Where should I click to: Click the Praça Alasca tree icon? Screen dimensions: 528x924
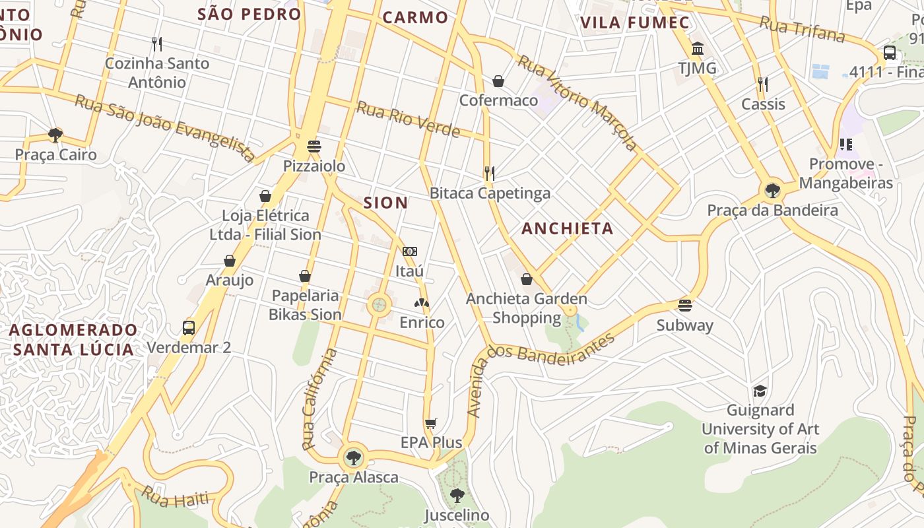(354, 457)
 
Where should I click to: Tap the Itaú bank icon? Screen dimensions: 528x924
(410, 251)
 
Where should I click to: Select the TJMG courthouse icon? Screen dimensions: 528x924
(698, 48)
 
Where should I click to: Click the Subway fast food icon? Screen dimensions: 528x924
(685, 306)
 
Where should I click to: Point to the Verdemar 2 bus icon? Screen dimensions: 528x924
(189, 327)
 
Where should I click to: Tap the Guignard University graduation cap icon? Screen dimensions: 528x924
(760, 391)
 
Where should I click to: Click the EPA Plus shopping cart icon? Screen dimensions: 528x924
(431, 423)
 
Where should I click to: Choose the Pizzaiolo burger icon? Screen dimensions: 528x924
(314, 146)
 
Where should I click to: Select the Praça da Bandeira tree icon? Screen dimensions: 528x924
(772, 191)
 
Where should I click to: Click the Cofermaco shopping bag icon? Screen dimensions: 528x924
(498, 81)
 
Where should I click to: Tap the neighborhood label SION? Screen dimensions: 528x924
(386, 203)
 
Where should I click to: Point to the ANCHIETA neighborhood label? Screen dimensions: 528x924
(568, 229)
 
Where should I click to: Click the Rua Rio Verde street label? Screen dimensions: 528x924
(409, 119)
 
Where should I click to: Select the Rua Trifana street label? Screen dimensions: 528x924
(802, 29)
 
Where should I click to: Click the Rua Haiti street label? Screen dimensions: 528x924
(175, 497)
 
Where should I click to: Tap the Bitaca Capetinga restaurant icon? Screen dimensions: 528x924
(489, 174)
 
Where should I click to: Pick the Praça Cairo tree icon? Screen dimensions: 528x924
(55, 135)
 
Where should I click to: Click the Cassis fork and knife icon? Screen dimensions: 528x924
(763, 84)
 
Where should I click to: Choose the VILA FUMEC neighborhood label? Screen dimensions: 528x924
(635, 22)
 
